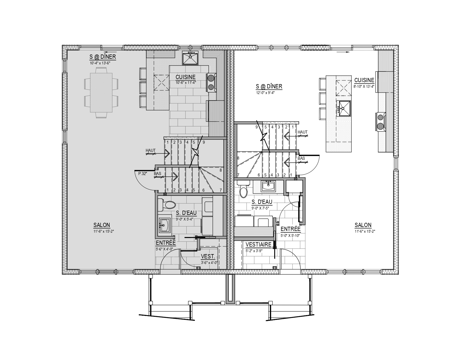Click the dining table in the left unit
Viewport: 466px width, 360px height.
(101, 92)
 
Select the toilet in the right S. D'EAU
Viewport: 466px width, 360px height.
(243, 189)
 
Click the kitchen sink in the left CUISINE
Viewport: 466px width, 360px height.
(190, 58)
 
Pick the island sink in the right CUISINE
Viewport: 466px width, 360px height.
(343, 108)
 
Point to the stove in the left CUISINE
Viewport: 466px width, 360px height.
(211, 82)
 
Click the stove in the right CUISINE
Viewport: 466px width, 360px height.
(381, 122)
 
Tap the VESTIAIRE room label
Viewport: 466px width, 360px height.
(258, 245)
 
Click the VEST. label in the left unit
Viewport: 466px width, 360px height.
(208, 256)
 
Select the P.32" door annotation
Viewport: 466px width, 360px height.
(143, 174)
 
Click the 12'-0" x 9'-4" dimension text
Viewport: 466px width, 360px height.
(265, 93)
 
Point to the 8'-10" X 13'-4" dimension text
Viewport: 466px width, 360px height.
(364, 87)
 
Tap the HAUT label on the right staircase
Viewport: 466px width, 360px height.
(302, 132)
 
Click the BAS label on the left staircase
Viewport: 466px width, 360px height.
(157, 174)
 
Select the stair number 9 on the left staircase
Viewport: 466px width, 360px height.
(204, 142)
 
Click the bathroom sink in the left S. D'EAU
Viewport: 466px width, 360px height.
(165, 225)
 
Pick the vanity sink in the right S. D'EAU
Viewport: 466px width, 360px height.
(268, 186)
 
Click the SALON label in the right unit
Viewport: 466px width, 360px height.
(363, 225)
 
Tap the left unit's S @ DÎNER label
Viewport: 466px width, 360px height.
(103, 57)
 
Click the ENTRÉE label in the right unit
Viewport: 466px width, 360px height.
(291, 229)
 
